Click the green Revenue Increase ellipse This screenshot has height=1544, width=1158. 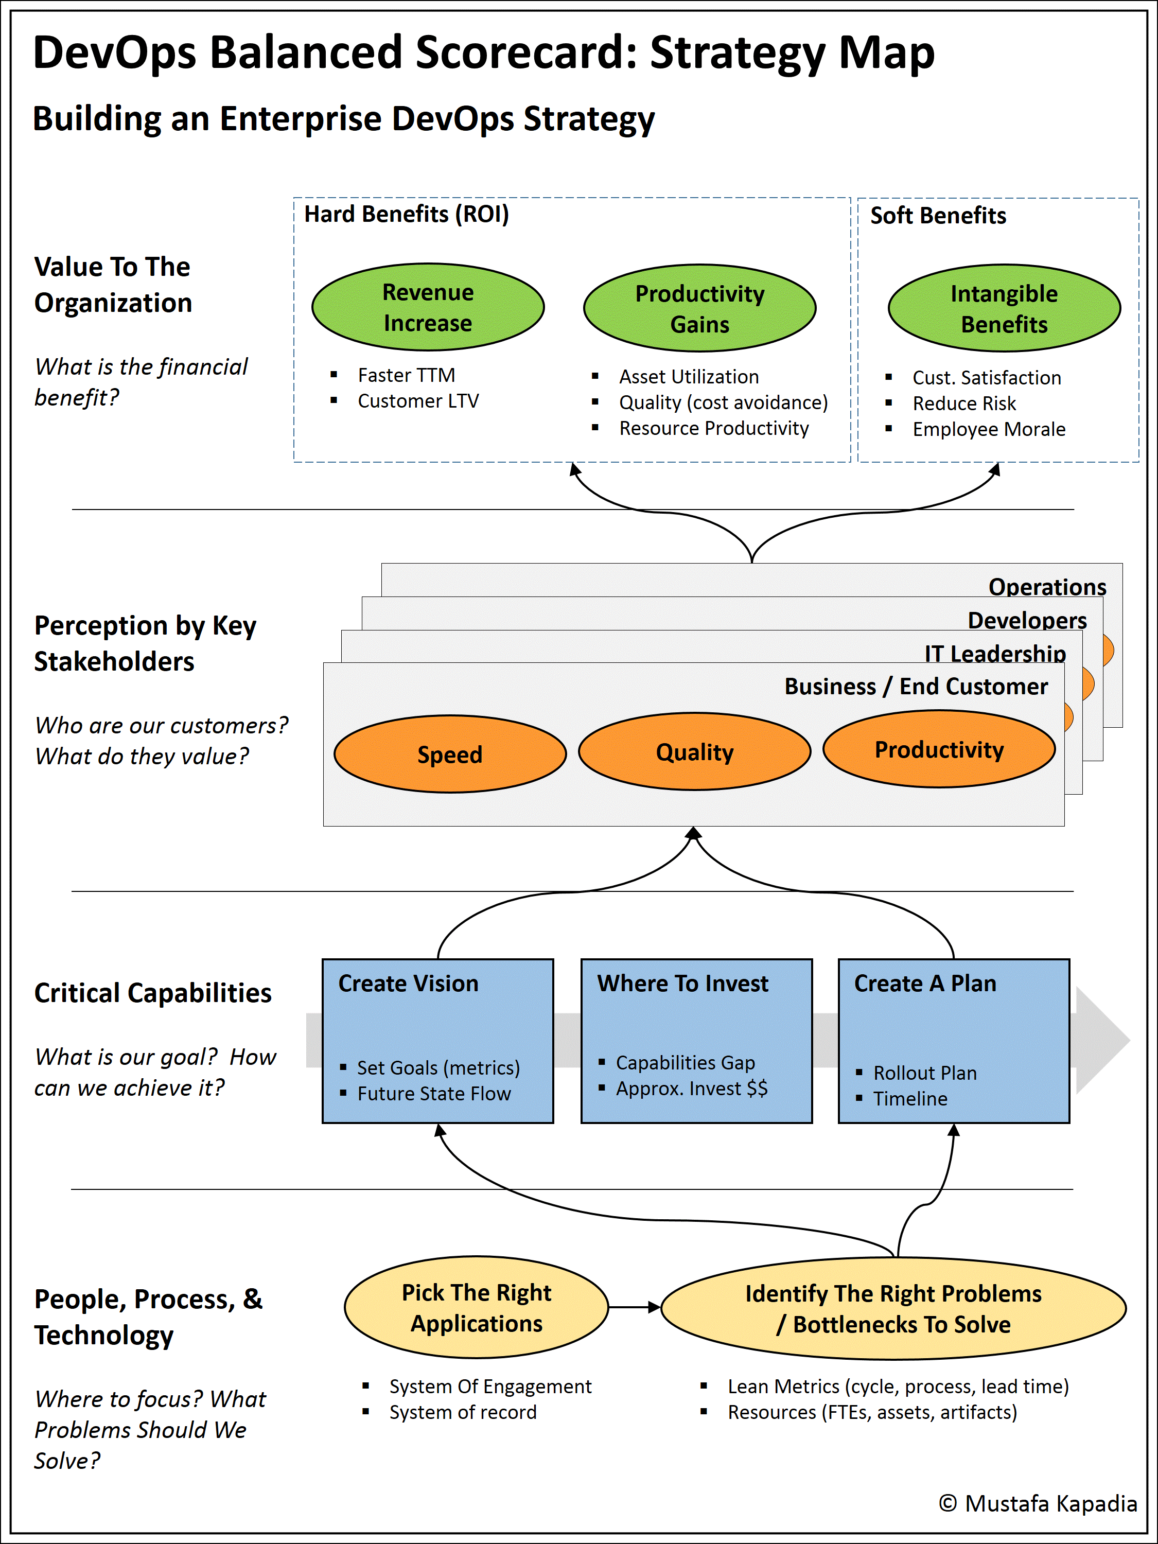click(x=427, y=307)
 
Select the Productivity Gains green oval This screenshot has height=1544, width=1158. click(x=699, y=308)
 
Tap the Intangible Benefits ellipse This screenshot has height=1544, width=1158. click(x=1004, y=308)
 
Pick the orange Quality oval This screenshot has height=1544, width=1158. click(x=694, y=752)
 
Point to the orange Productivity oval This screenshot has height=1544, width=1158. click(x=939, y=749)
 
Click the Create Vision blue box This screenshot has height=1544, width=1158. click(x=437, y=1040)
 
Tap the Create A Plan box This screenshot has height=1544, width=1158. click(x=954, y=1040)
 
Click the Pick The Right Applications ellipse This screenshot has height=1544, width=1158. click(x=476, y=1307)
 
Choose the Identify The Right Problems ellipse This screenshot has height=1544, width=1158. click(x=893, y=1309)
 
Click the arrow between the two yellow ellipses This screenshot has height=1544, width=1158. click(x=634, y=1307)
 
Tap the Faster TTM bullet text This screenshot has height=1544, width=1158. click(x=406, y=376)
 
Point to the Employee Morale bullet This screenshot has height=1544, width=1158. click(x=988, y=429)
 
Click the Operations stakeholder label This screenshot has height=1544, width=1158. click(x=1047, y=586)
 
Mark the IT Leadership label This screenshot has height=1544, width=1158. click(x=995, y=653)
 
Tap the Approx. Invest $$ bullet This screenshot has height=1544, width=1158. click(x=691, y=1088)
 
